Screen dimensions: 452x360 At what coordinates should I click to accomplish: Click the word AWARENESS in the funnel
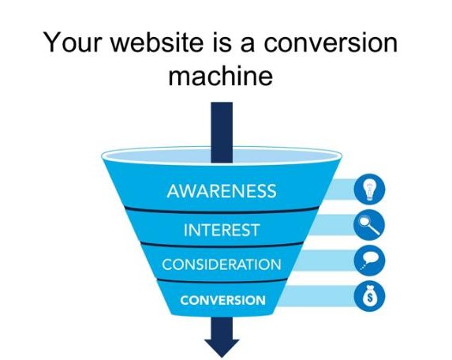tap(222, 191)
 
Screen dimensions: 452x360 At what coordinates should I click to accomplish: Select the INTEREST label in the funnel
tap(222, 230)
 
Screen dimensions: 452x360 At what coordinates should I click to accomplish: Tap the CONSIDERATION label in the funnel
tap(222, 264)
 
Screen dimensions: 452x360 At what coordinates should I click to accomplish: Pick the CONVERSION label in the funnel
tap(222, 300)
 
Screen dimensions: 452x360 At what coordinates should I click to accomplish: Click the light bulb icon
tap(369, 189)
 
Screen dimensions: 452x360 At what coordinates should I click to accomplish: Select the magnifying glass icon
tap(369, 225)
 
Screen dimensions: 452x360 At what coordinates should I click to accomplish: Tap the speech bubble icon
tap(369, 261)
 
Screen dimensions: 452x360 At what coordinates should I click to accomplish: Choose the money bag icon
tap(369, 296)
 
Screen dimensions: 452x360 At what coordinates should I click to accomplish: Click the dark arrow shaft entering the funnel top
tap(222, 132)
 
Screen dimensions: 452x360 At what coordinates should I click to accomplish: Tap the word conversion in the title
tap(331, 43)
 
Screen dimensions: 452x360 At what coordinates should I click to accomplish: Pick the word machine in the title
tap(221, 76)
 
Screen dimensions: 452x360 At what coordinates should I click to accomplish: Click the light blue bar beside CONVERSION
tap(317, 296)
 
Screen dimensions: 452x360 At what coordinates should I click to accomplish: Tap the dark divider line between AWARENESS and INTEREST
tap(222, 210)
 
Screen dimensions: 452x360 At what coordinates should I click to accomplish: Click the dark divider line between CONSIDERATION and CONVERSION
tap(222, 281)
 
